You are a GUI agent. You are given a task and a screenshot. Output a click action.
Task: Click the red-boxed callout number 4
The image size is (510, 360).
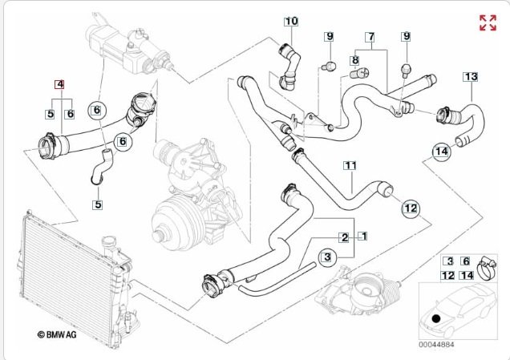tap(59, 83)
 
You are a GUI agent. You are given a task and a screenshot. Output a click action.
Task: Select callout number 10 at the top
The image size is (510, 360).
tap(290, 21)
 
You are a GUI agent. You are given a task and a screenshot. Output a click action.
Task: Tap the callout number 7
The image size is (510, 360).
tap(370, 37)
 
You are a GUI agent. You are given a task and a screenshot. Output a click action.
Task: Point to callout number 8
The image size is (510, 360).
tap(354, 60)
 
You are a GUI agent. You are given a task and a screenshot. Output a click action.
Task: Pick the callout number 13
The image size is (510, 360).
tap(471, 77)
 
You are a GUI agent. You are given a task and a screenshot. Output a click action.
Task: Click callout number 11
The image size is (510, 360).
tap(350, 166)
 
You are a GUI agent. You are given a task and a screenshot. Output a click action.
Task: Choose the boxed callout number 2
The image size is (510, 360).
tap(343, 237)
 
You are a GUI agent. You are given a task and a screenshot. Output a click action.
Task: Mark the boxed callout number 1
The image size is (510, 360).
tap(362, 237)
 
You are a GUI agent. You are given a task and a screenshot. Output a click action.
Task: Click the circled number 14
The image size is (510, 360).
tap(440, 151)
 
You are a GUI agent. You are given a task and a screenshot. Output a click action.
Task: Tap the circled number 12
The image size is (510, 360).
tap(410, 208)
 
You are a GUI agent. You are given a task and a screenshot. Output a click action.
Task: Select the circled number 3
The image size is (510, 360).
tap(326, 257)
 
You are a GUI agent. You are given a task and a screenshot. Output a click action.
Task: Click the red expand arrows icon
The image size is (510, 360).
tap(487, 22)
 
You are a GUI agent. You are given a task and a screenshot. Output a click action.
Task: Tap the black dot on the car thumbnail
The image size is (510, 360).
tap(435, 319)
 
